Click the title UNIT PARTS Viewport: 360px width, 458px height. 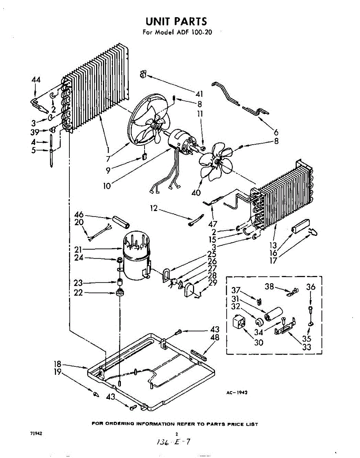(x=176, y=21)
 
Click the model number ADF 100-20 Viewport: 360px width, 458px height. (x=193, y=32)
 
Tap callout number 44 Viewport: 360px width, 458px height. (x=36, y=80)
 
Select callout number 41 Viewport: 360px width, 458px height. (x=199, y=94)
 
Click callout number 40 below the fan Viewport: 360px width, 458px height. (x=196, y=193)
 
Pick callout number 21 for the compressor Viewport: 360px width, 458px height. (x=79, y=250)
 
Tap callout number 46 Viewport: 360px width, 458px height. (x=79, y=215)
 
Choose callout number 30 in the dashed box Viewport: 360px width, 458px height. (x=259, y=342)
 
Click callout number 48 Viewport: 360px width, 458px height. (x=215, y=338)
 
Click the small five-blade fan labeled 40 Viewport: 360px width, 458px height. (x=216, y=161)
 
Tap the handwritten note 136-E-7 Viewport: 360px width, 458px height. (x=174, y=442)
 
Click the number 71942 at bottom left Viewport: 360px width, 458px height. (x=36, y=434)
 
